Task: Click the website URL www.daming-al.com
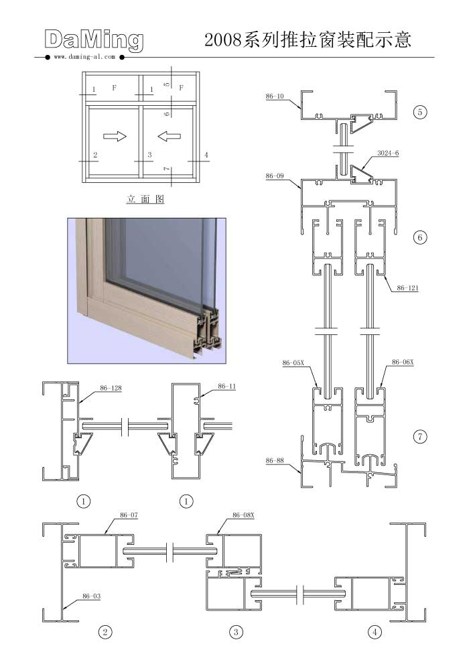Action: [84, 56]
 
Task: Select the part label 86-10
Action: [275, 96]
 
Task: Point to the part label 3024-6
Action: [388, 153]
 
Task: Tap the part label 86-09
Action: [275, 176]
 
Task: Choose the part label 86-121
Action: [407, 288]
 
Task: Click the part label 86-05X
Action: [293, 363]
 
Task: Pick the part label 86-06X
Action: [403, 362]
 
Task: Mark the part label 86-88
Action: [275, 460]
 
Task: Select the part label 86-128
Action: [111, 388]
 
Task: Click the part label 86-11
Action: [227, 386]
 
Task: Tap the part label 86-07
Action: [129, 515]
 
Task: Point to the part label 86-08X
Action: [243, 515]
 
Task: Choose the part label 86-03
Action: [91, 596]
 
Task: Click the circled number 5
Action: [420, 112]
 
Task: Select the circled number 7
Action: [420, 437]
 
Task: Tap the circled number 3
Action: [237, 633]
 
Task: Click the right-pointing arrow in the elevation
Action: [115, 136]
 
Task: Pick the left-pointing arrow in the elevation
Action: [169, 136]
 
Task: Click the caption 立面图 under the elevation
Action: [145, 199]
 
